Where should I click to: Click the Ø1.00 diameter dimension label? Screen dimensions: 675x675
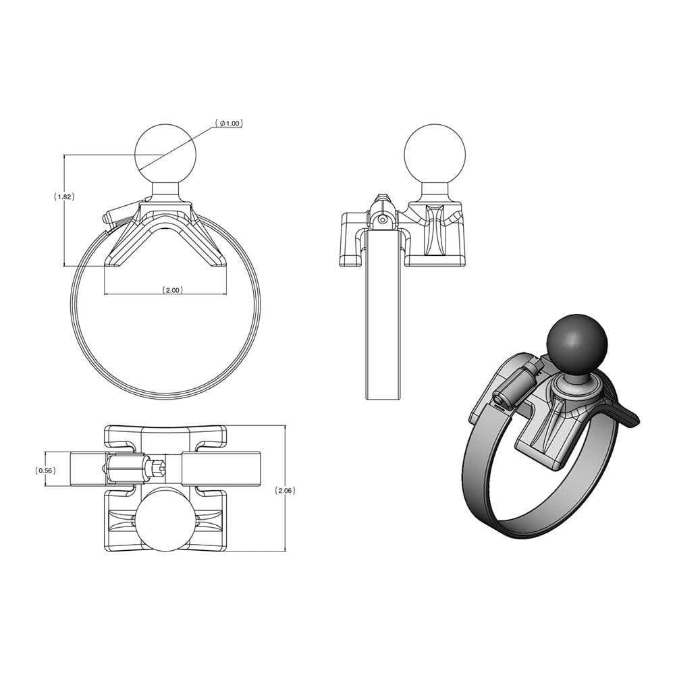tap(229, 124)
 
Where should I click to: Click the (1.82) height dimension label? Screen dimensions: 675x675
tap(63, 196)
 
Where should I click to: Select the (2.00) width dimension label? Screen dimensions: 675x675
tap(171, 290)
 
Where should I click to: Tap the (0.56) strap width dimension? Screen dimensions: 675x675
tap(45, 470)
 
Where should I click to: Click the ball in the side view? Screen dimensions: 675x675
tap(434, 155)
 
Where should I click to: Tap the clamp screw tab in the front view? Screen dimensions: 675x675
tap(115, 216)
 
